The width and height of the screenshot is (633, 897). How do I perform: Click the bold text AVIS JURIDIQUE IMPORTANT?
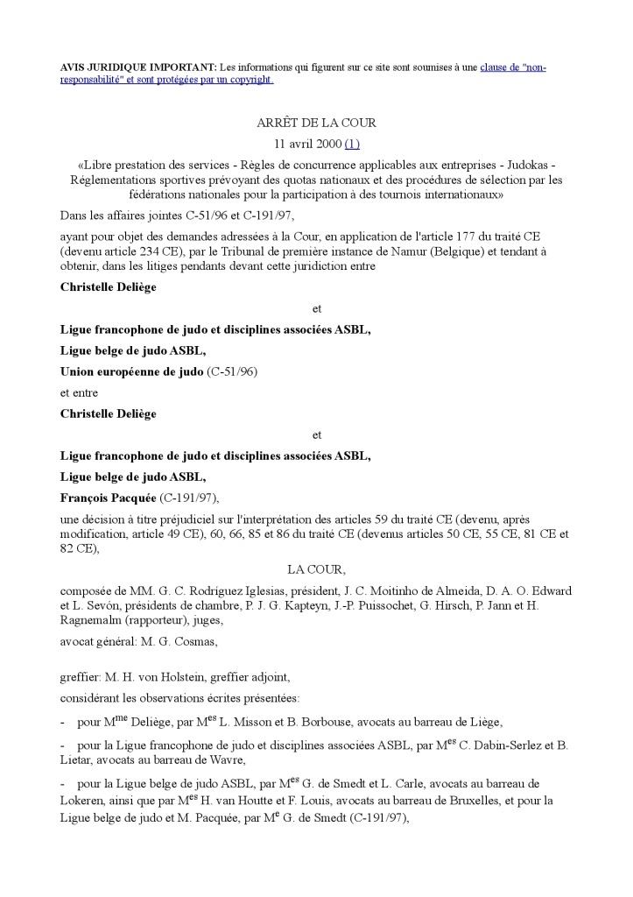coord(137,67)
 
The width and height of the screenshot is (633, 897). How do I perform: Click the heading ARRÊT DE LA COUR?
coord(316,123)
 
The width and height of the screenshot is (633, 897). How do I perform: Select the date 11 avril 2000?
coord(304,143)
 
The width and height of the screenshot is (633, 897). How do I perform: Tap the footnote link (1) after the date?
coord(352,143)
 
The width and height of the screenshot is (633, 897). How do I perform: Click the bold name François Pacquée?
coord(108,498)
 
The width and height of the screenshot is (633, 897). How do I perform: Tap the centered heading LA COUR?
coord(316,569)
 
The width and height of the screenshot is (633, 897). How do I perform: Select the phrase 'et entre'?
coord(79,392)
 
